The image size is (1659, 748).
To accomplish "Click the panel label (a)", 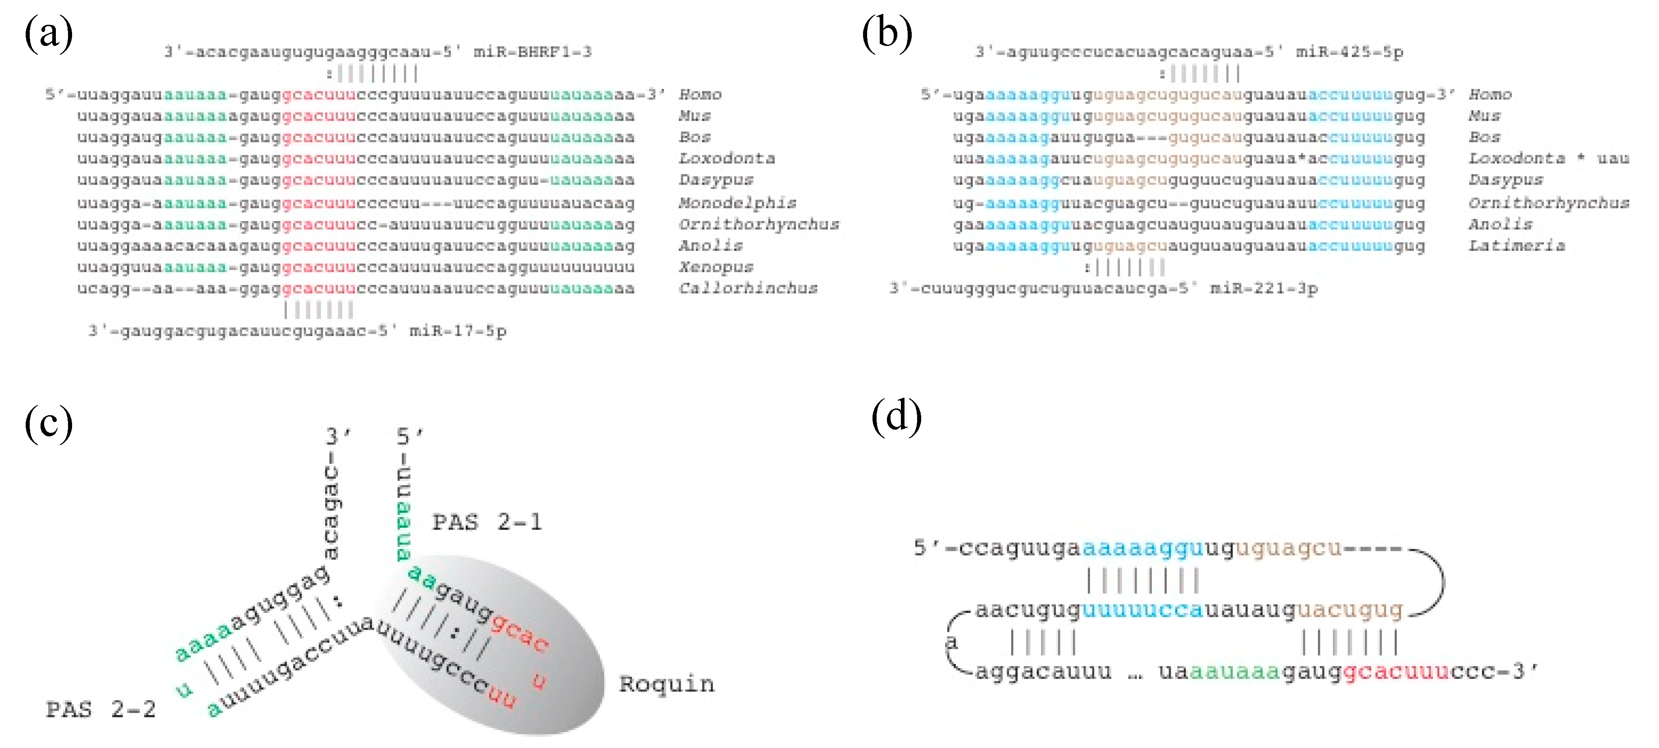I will click(x=48, y=33).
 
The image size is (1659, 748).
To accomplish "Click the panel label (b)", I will click(x=887, y=33).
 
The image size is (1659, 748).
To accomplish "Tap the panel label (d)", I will click(x=896, y=417).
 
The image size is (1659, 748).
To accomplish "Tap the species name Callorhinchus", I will click(x=748, y=288).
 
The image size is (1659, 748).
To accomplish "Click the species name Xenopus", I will click(x=715, y=267).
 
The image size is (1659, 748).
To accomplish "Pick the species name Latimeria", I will click(x=1516, y=246).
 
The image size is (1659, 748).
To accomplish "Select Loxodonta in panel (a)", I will click(x=727, y=159).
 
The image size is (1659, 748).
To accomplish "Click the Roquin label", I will click(x=667, y=684).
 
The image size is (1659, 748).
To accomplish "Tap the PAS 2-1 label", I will click(x=487, y=522).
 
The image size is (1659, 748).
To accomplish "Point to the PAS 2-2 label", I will click(x=101, y=709).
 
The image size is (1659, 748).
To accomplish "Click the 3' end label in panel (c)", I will click(x=337, y=436).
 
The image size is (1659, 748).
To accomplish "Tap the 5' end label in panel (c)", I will click(x=408, y=436).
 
